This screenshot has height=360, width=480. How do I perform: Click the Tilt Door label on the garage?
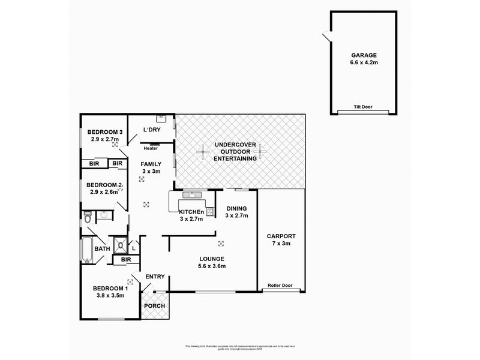[363, 107]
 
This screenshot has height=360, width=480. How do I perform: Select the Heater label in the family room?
[151, 148]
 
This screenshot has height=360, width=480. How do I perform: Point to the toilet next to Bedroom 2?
[87, 218]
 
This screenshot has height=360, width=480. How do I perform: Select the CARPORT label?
[281, 236]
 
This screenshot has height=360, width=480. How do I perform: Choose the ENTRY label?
[155, 276]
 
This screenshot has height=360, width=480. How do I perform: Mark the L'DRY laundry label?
[151, 130]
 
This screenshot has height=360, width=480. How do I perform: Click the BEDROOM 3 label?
[105, 132]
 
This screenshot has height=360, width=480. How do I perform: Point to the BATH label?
[102, 248]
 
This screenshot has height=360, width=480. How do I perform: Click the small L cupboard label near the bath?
[133, 247]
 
